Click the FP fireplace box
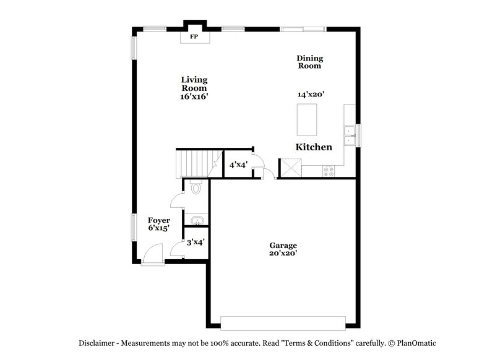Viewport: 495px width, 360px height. point(194,37)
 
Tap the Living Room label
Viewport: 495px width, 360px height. point(194,88)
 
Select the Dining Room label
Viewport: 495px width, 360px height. point(310,62)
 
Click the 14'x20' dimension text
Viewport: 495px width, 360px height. point(311,95)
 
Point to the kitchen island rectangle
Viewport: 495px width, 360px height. point(308,119)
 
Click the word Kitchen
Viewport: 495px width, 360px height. point(314,147)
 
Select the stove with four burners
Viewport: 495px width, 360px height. point(328,171)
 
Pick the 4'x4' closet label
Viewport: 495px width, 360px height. point(238,165)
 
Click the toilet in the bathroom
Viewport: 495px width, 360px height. point(196,188)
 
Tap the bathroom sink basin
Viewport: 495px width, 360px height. point(197,221)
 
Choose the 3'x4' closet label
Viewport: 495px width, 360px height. point(196,242)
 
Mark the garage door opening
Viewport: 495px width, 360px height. point(283,324)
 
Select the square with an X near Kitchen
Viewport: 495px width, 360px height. point(290,168)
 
